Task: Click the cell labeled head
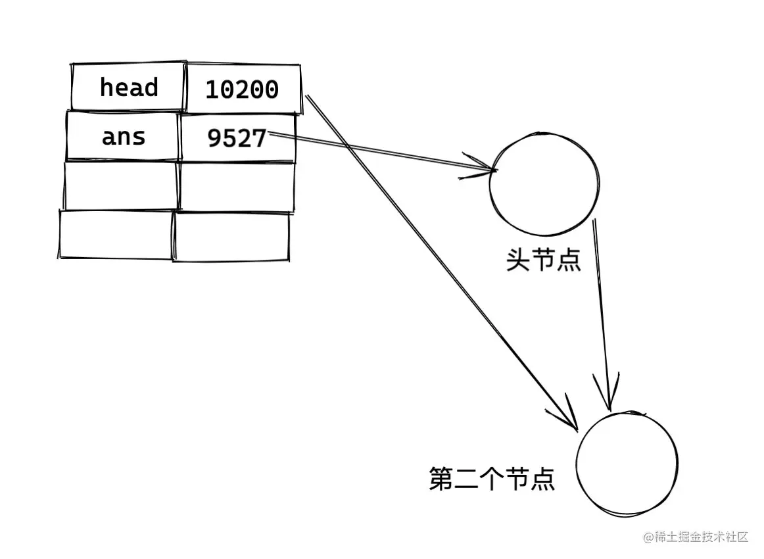pos(128,87)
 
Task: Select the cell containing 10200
pos(243,89)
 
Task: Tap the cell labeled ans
pos(123,136)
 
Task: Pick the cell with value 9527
pos(237,138)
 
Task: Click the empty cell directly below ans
pos(122,185)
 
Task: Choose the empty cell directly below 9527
pos(236,187)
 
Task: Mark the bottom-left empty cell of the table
pos(116,234)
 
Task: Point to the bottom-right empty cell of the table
pos(231,237)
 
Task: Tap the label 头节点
pos(543,260)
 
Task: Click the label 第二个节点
pos(492,479)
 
